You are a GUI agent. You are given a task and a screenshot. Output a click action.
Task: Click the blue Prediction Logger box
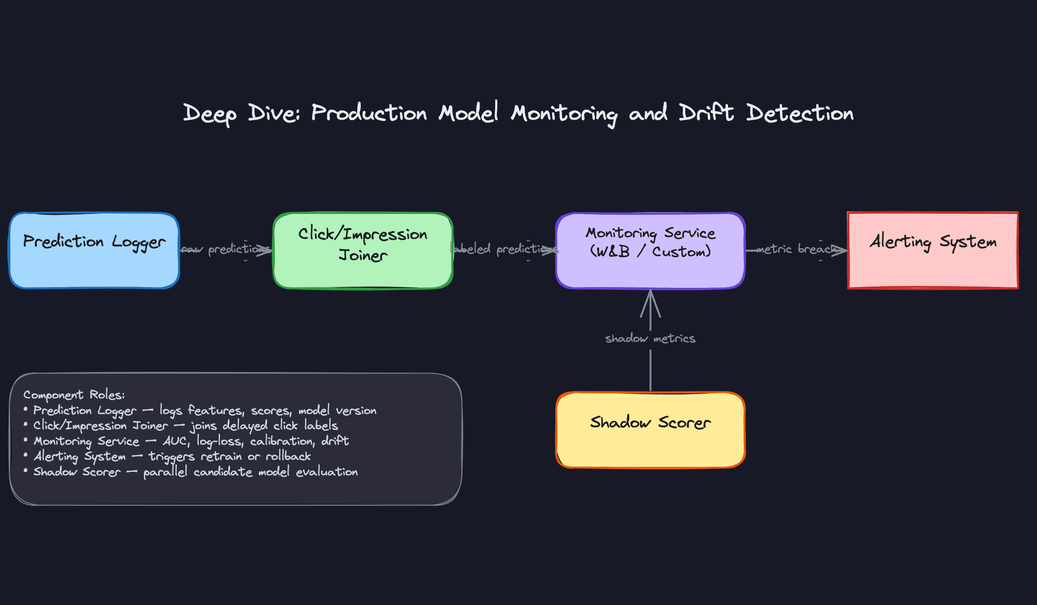94,251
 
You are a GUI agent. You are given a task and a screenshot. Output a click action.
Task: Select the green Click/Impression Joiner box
362,251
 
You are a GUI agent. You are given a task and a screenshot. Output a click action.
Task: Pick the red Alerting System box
933,251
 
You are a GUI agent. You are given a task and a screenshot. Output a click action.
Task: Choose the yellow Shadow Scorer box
650,430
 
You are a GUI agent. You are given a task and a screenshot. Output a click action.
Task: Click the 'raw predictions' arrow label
225,249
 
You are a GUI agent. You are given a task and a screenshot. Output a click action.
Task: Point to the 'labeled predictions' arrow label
504,249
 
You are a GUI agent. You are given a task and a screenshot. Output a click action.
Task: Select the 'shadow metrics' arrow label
650,339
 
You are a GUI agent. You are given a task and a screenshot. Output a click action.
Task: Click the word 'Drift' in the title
706,113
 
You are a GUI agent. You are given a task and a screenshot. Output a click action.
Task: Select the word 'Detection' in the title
799,113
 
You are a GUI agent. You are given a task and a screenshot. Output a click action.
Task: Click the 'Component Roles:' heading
74,395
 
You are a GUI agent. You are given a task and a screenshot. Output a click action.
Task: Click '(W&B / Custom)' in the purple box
650,252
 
